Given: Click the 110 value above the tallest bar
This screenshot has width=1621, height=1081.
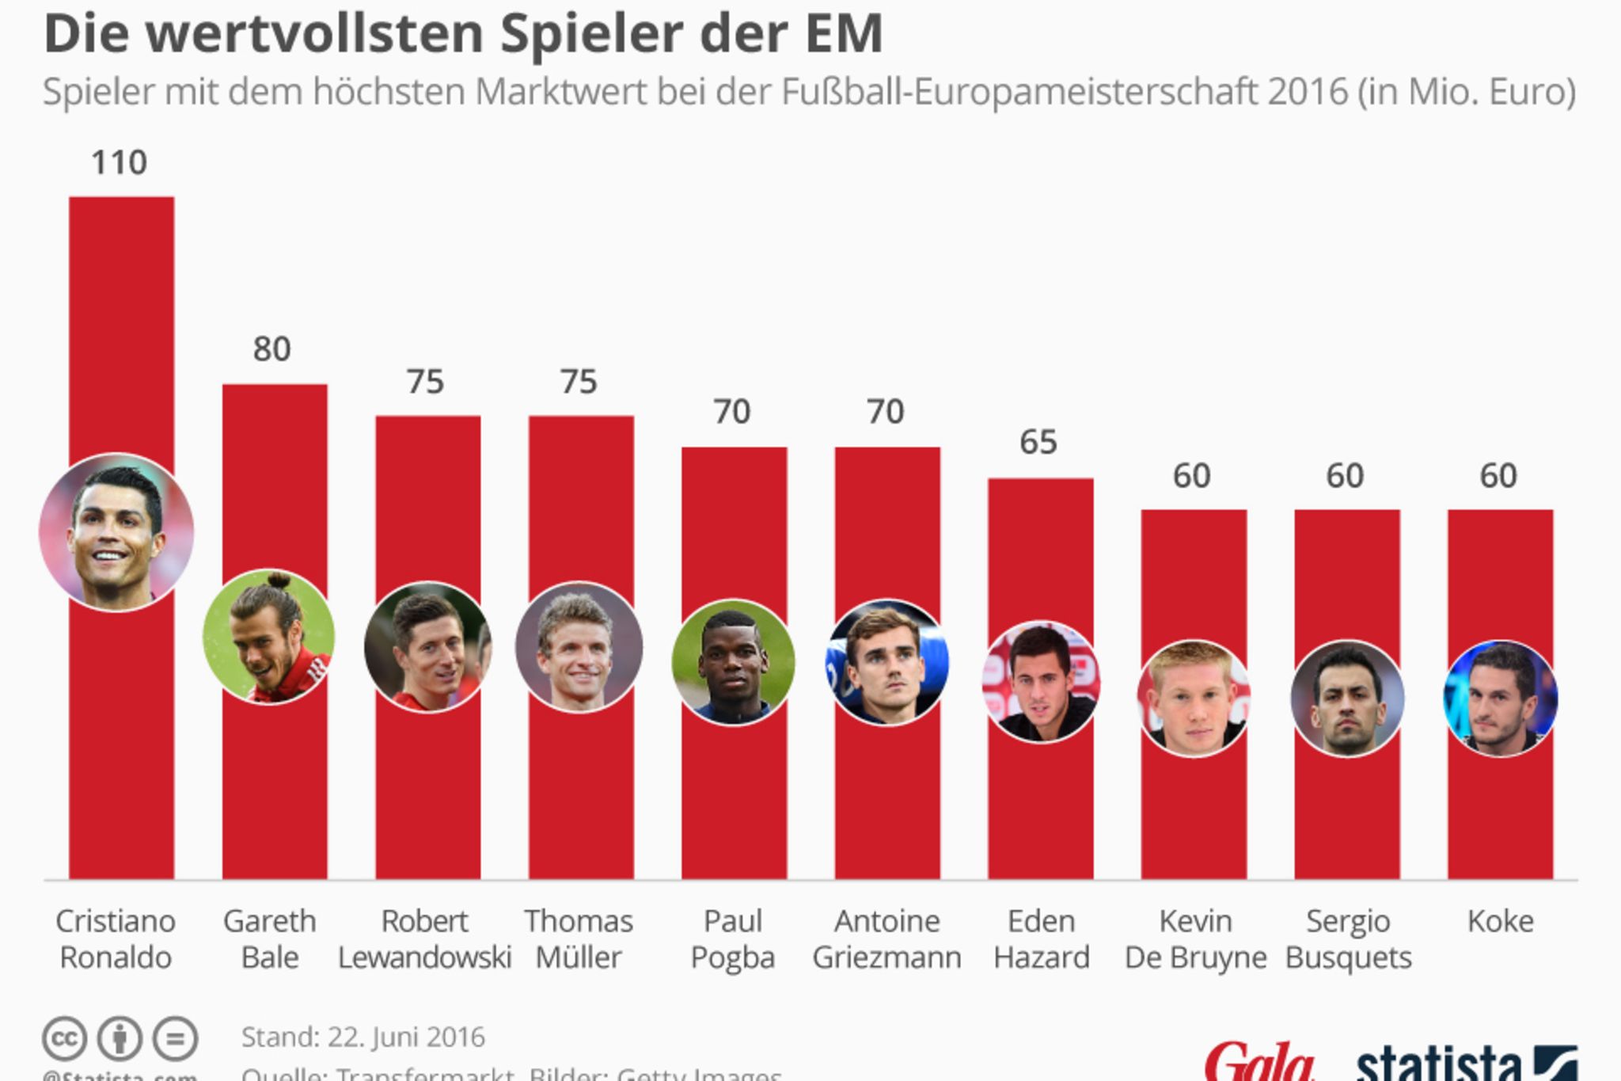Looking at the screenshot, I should point(120,162).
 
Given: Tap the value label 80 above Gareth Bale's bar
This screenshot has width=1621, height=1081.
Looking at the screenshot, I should point(272,349).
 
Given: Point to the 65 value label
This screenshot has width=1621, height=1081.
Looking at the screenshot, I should point(1038,442).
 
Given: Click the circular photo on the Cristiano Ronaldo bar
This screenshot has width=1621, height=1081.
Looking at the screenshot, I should point(116,532).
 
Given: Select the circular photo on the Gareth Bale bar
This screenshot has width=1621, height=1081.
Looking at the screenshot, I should point(268,636).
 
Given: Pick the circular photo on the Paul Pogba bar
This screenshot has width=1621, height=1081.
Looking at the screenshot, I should point(733,662).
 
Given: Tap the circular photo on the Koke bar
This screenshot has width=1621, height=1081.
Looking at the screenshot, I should point(1500,698).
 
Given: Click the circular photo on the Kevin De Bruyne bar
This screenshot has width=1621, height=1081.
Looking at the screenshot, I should point(1194,698).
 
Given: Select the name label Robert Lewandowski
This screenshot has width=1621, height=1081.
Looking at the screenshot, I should point(425,939).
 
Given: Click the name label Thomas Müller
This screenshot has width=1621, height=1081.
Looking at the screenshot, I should point(579,939).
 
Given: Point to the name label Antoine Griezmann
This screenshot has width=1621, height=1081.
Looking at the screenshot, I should point(886,939).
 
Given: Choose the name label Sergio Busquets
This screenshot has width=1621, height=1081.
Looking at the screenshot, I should point(1348,939).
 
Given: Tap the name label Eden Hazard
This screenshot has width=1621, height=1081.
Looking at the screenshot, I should point(1041,939).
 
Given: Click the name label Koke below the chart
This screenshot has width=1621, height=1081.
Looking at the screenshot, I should point(1500,921).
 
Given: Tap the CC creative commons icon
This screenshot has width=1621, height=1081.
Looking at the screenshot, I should point(64,1038).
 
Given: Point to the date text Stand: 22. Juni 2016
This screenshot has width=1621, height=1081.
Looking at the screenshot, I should point(363,1037).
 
